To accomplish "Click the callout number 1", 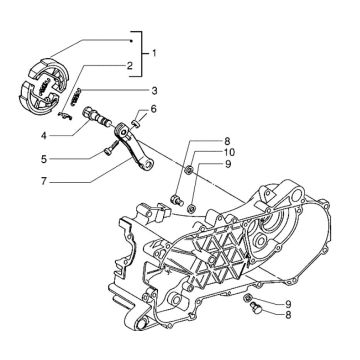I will [x=153, y=51].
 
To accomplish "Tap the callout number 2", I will [x=128, y=67].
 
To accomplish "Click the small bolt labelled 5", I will [x=104, y=151].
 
